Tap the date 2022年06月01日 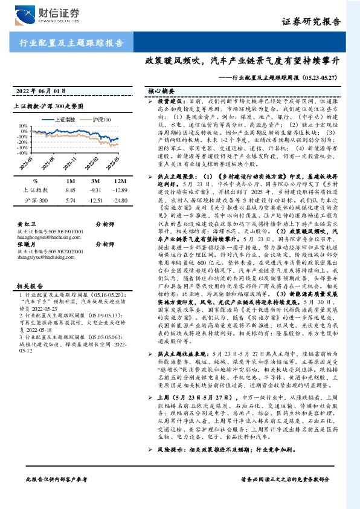pyautogui.click(x=38, y=91)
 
